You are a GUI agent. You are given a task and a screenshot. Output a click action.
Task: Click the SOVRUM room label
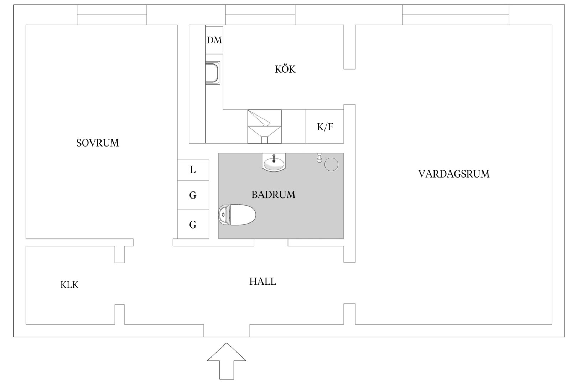(97, 143)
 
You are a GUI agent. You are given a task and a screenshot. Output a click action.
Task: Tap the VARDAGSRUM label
(454, 174)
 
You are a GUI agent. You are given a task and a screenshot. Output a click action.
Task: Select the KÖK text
(285, 69)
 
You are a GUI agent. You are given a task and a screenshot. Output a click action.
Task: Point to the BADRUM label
(273, 195)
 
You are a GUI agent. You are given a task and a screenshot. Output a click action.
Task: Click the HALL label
(263, 281)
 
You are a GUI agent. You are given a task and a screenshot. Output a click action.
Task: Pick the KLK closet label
(69, 285)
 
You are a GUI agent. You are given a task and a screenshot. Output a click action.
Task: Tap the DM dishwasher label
(214, 40)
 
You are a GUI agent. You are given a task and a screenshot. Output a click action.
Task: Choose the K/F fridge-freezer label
(325, 127)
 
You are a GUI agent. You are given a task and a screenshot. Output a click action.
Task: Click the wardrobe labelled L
(193, 170)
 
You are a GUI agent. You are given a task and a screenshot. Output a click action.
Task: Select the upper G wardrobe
(193, 195)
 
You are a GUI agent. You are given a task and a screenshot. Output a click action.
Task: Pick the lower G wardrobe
(193, 224)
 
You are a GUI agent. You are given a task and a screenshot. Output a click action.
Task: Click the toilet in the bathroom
(237, 215)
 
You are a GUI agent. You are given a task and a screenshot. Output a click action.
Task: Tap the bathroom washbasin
(274, 162)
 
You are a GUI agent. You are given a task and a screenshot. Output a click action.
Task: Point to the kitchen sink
(213, 73)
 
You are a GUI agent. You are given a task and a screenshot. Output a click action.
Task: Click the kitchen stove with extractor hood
(265, 127)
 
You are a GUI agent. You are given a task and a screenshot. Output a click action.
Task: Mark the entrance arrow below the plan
(227, 361)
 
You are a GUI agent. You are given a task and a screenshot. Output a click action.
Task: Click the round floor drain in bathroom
(331, 165)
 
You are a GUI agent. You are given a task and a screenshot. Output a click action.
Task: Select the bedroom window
(112, 15)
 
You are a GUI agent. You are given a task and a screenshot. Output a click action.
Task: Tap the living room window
(456, 15)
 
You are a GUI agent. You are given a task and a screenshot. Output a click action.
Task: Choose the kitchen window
(260, 15)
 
